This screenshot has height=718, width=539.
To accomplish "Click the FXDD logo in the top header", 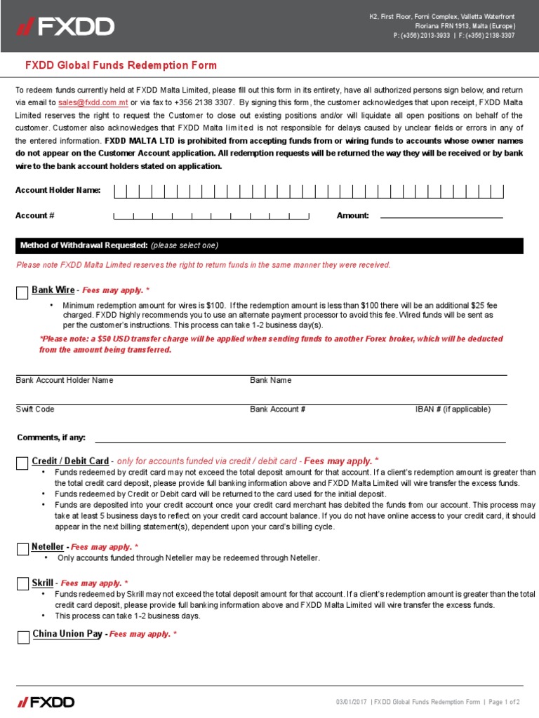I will [66, 27].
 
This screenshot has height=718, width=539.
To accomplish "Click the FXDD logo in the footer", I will [46, 702].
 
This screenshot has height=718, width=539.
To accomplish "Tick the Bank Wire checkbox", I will [22, 292].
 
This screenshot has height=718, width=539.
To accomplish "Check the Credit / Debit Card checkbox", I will [22, 463].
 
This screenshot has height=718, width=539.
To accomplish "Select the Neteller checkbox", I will [22, 548].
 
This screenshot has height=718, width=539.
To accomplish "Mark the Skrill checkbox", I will [22, 585].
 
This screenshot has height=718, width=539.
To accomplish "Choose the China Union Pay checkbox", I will [22, 636].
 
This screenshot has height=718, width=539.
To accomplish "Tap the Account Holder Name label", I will [58, 191].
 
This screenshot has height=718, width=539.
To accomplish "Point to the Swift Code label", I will [35, 409].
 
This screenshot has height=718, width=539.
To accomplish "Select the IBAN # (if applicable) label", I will [453, 409].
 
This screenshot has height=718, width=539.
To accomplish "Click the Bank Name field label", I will [271, 380].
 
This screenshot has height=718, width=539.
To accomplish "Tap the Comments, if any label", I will [51, 438].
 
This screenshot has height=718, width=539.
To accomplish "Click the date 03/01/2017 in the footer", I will [352, 702].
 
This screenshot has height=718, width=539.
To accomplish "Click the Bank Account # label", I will [277, 409].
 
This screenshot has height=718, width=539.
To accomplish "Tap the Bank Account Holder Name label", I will [65, 380].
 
